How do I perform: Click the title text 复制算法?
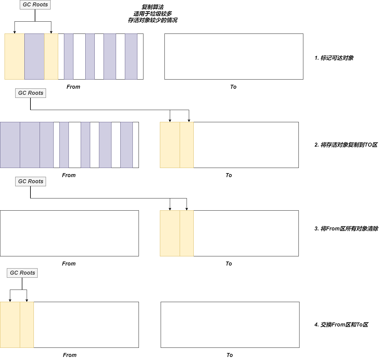(153, 7)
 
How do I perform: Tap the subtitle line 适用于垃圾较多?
(153, 13)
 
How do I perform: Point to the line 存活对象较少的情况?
(153, 20)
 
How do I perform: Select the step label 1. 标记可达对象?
(334, 58)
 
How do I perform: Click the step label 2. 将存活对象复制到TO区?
(346, 145)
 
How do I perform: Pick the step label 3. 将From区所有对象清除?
(346, 229)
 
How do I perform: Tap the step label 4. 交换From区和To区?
(341, 325)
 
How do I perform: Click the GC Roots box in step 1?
(35, 5)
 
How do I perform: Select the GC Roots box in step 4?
(22, 273)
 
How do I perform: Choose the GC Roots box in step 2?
(30, 93)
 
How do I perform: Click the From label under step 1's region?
(73, 87)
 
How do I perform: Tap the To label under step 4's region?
(230, 355)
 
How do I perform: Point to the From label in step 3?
(69, 264)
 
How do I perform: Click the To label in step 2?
(229, 175)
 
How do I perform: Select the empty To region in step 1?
(234, 56)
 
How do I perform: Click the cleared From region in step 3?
(69, 233)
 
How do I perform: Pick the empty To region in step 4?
(230, 325)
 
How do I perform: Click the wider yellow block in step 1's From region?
(14, 56)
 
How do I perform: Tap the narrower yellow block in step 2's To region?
(187, 145)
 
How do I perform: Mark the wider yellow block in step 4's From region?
(10, 325)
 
